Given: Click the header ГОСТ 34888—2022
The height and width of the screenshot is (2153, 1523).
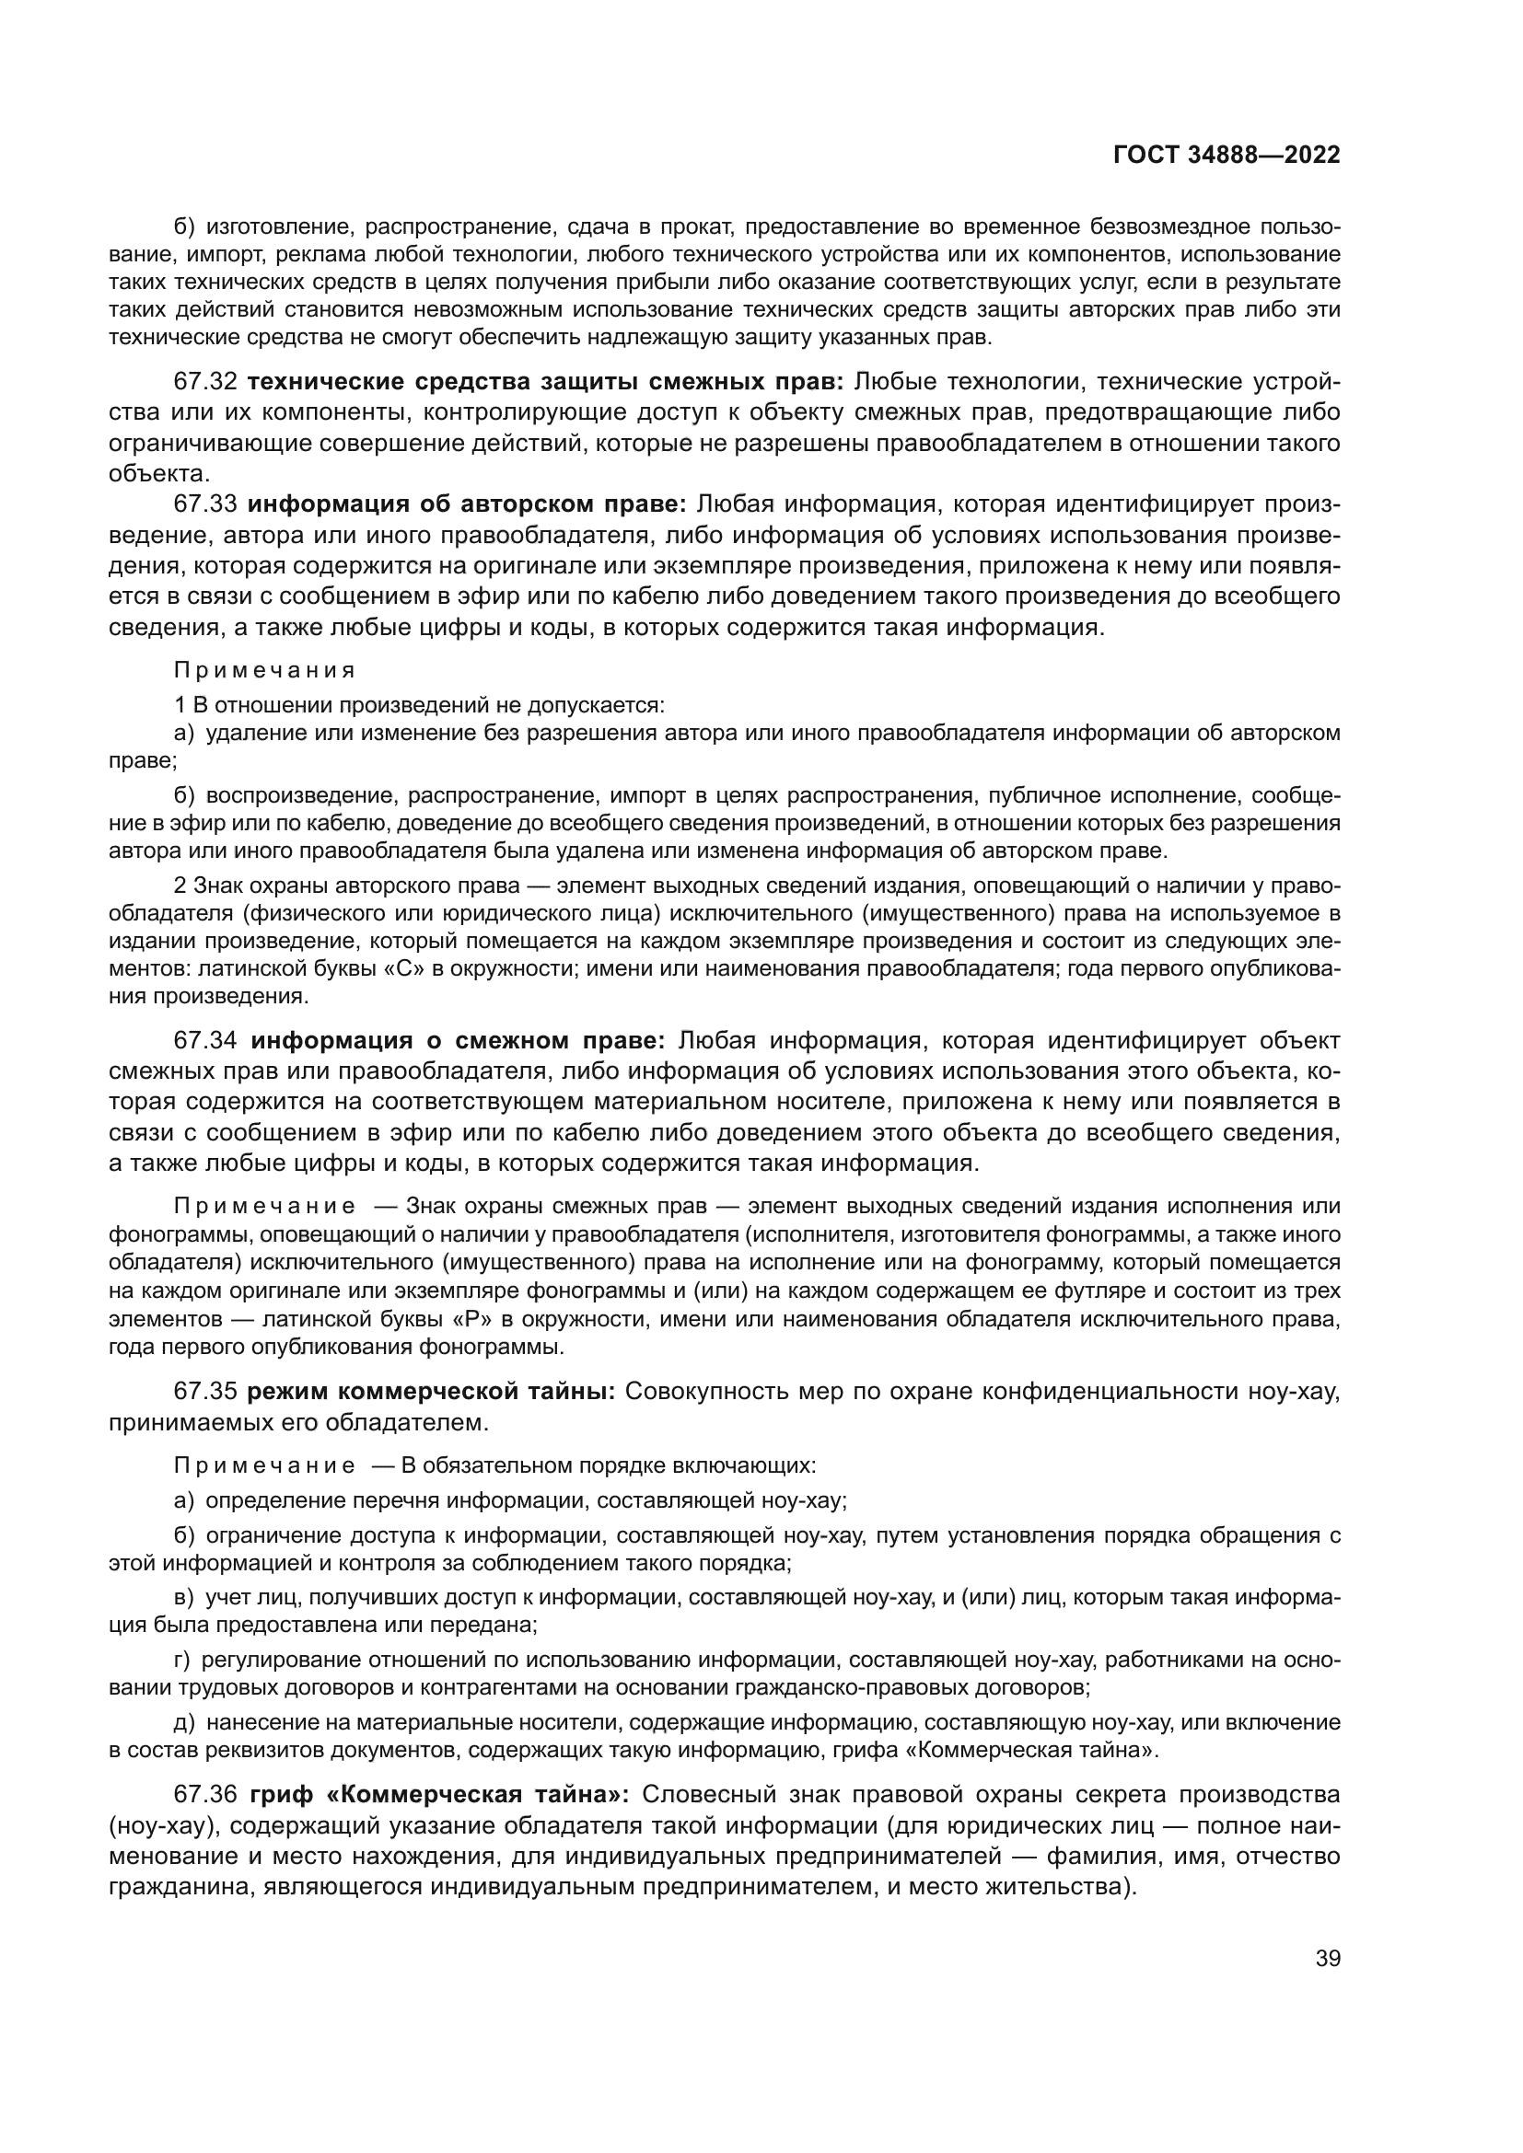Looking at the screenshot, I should (x=1226, y=155).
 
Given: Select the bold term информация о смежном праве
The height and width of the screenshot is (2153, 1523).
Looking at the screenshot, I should (x=458, y=1041).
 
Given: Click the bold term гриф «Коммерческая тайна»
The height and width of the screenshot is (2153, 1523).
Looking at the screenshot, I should (x=440, y=1795).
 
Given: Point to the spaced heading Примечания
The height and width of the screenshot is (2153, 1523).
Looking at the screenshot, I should (x=265, y=670).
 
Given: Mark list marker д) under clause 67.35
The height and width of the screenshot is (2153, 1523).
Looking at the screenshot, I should (x=184, y=1722).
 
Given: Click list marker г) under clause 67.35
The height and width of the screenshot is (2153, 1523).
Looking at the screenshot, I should (x=182, y=1661).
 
